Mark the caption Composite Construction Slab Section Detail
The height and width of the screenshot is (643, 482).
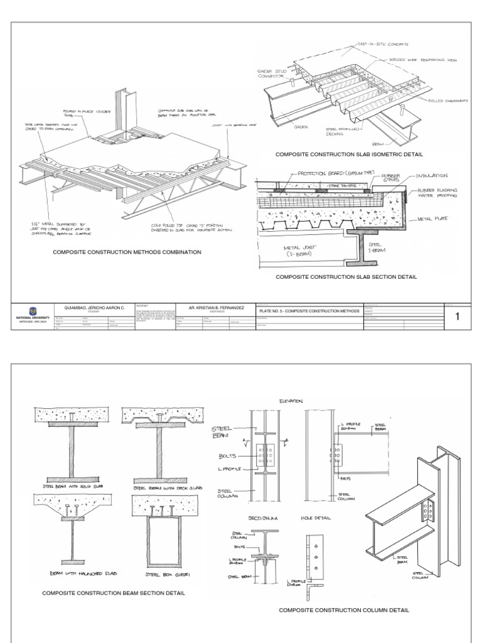pyautogui.click(x=346, y=276)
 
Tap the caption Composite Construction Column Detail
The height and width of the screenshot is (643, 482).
pyautogui.click(x=345, y=610)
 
